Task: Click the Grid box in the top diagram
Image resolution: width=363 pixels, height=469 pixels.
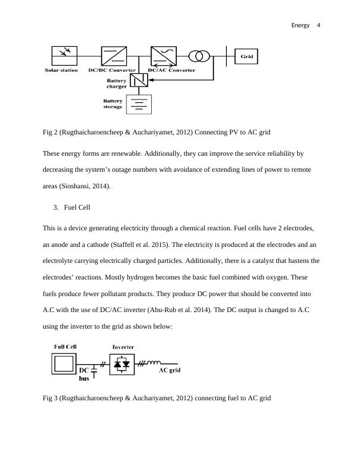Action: click(x=247, y=56)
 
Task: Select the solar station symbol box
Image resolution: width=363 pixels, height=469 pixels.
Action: click(x=61, y=56)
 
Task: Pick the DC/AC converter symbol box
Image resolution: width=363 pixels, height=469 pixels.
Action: click(x=163, y=56)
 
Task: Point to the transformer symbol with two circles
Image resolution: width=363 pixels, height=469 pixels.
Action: click(x=199, y=56)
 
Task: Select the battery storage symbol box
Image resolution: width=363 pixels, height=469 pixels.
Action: click(x=139, y=104)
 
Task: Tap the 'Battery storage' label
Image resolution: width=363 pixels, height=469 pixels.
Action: click(x=113, y=104)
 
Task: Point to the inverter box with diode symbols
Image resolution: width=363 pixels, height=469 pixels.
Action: click(x=122, y=364)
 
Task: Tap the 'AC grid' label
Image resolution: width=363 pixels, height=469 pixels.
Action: click(x=168, y=371)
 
